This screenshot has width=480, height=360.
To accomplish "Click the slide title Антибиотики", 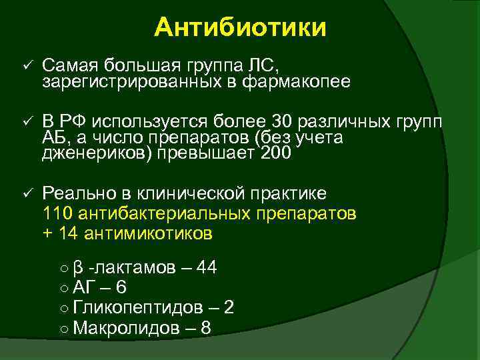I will [x=240, y=28].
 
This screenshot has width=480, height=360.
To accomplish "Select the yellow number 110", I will [x=58, y=214].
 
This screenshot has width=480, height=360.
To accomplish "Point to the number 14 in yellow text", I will [x=68, y=233].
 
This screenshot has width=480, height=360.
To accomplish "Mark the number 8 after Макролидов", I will [x=205, y=327].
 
